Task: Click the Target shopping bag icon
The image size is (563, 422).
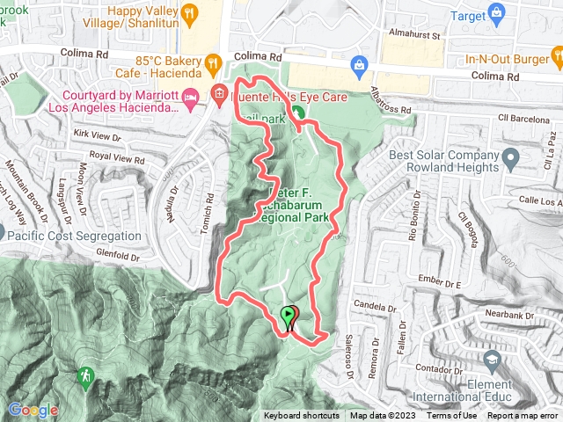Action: [x=498, y=12]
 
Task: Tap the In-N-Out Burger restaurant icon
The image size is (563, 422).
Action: [x=557, y=59]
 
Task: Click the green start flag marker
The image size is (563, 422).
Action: [x=288, y=315]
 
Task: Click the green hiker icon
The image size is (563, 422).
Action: [x=85, y=377]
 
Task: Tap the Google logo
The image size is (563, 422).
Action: [x=33, y=410]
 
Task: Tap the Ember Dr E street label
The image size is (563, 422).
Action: [x=441, y=283]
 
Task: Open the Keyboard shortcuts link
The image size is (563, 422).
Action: [x=301, y=416]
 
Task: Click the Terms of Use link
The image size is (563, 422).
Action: [x=452, y=416]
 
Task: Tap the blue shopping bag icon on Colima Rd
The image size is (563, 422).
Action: [x=359, y=63]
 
